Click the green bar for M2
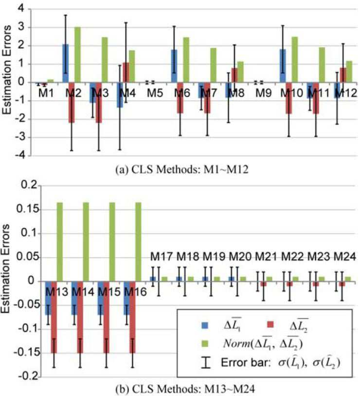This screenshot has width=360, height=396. (77, 55)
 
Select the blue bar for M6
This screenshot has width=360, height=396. (174, 66)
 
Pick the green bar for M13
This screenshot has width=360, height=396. (60, 242)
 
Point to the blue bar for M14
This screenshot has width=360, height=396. (74, 298)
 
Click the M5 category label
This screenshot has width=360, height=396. (155, 93)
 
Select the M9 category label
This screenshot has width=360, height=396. (263, 93)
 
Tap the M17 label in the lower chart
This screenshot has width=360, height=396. (162, 257)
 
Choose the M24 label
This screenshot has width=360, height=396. (345, 257)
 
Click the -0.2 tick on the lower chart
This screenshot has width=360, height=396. (27, 377)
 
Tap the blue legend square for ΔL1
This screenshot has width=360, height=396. (205, 325)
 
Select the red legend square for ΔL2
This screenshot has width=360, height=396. (270, 325)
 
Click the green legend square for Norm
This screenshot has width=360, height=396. (205, 344)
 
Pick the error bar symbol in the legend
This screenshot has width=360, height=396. (206, 363)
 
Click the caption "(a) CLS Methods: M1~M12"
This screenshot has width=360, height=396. (182, 170)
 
